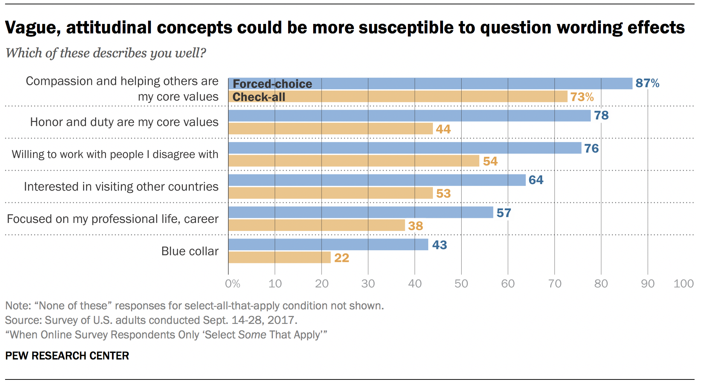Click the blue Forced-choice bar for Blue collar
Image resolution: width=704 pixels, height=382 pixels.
[x=328, y=244]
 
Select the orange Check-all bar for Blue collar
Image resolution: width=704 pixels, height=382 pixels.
[x=279, y=257]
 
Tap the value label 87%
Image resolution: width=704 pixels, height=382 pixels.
[x=647, y=83]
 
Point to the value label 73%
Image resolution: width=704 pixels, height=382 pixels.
[x=582, y=97]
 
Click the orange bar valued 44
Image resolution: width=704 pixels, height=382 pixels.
[x=330, y=129]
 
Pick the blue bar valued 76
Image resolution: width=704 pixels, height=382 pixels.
[x=405, y=148]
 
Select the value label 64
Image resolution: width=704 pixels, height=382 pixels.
[x=536, y=180]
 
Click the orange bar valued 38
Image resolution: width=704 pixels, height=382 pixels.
[x=316, y=225]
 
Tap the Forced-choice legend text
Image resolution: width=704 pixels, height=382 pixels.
[x=272, y=84]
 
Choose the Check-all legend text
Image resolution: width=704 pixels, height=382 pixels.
[x=259, y=97]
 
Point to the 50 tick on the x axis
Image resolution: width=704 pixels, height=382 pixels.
[x=461, y=284]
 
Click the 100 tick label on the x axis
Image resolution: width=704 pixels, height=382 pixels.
[x=683, y=284]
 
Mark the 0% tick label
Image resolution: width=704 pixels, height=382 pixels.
[x=233, y=284]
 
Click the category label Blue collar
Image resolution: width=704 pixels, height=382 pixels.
[x=190, y=251]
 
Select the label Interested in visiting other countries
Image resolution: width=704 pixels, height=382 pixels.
[x=121, y=187]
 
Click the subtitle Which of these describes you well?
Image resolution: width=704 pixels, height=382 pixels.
[x=106, y=53]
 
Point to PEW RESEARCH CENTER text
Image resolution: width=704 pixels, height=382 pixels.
[x=67, y=355]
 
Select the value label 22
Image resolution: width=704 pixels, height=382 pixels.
[x=341, y=258]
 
